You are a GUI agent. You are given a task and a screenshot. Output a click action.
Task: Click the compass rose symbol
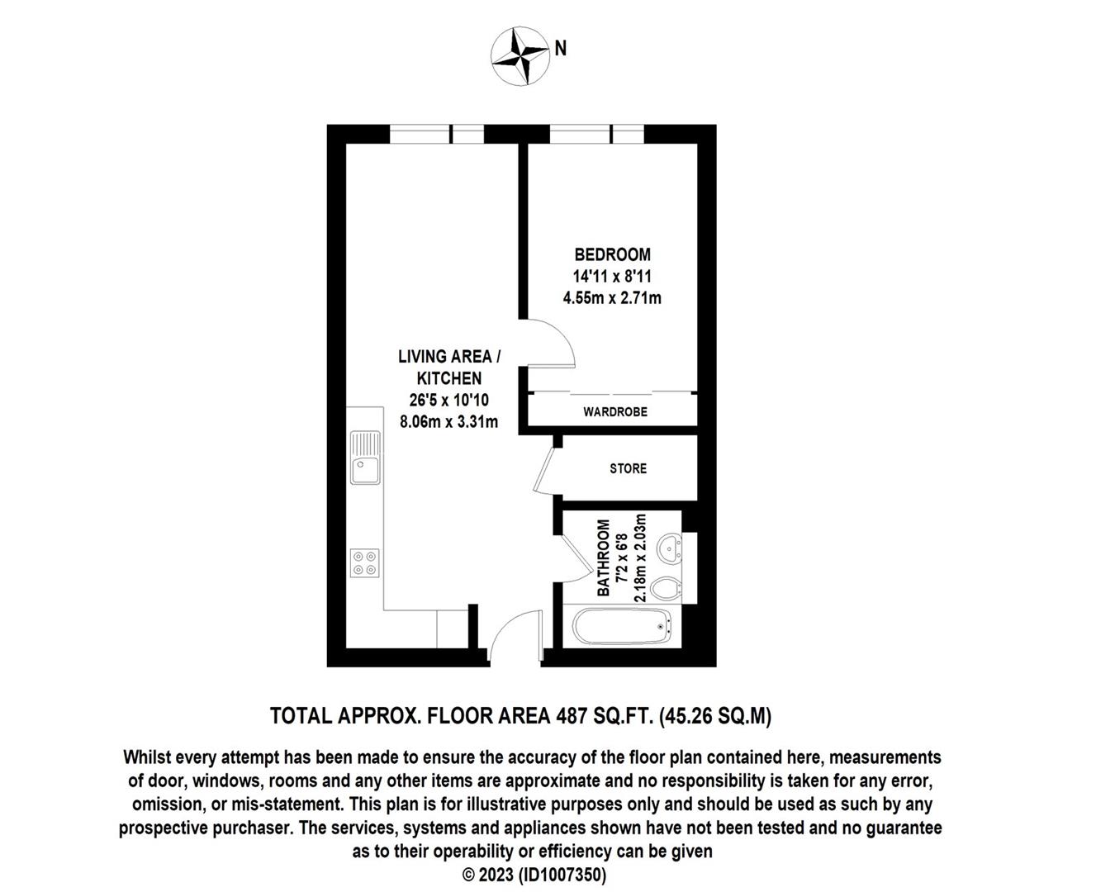tap(520, 55)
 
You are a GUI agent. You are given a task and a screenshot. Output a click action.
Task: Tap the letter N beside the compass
tap(561, 49)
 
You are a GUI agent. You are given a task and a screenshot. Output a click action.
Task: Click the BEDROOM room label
tap(612, 254)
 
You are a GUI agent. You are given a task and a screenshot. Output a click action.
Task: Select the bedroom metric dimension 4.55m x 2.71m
tap(612, 298)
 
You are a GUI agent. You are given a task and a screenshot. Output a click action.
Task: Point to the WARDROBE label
tap(614, 411)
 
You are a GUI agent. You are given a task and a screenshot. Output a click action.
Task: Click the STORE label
tap(628, 468)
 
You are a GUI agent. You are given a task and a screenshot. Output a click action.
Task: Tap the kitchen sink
tap(364, 458)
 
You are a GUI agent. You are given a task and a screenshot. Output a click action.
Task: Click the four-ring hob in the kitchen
tap(364, 562)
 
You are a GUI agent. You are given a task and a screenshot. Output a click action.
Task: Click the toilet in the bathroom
tap(665, 588)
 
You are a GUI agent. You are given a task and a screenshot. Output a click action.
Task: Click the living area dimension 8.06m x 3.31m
tap(448, 422)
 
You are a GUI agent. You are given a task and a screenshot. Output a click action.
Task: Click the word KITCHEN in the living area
tap(448, 378)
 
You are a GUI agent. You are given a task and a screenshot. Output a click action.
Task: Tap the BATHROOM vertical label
tap(603, 557)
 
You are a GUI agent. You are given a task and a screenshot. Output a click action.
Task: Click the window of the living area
tap(436, 134)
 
